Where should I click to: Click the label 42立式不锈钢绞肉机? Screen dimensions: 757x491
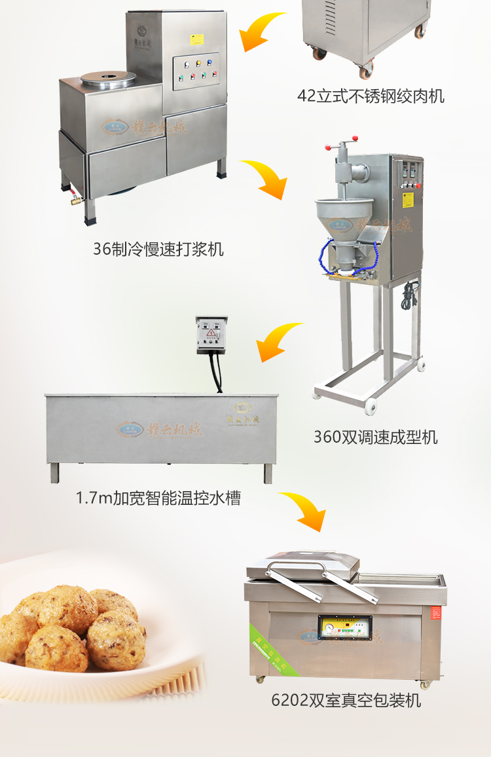[x=371, y=96]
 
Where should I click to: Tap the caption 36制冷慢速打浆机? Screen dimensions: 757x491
[x=158, y=249]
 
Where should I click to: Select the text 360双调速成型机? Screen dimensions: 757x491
[x=375, y=437]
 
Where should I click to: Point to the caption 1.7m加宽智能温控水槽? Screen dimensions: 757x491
[x=158, y=498]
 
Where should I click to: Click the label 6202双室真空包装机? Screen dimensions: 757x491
[x=346, y=701]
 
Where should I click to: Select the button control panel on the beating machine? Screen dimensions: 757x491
[x=196, y=71]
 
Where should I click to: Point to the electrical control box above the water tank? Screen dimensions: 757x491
[x=212, y=335]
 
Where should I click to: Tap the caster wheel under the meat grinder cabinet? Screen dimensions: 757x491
[x=365, y=64]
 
